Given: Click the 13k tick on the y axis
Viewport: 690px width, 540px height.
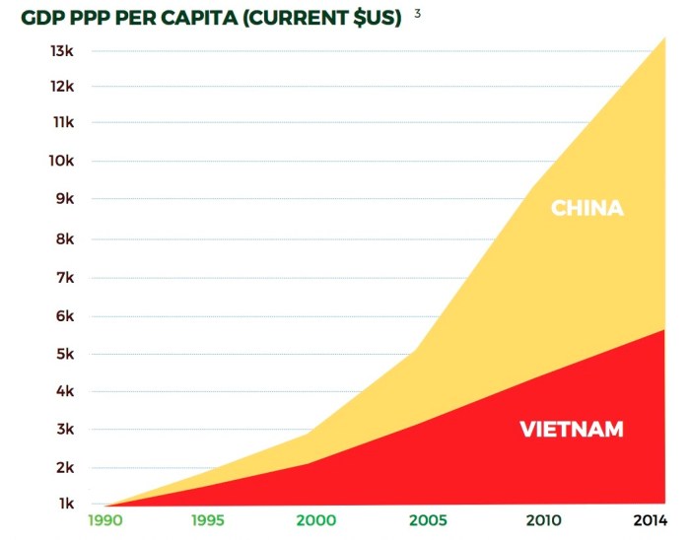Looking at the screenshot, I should point(62,50).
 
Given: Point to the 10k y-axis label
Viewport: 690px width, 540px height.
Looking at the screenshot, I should point(62,162).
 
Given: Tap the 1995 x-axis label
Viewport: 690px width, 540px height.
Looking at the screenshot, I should point(213,519).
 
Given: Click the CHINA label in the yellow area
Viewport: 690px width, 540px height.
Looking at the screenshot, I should point(586,209).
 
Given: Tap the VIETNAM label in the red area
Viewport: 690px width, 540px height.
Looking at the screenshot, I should point(572,430).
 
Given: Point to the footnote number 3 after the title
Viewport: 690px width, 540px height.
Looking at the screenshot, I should point(418,14).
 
